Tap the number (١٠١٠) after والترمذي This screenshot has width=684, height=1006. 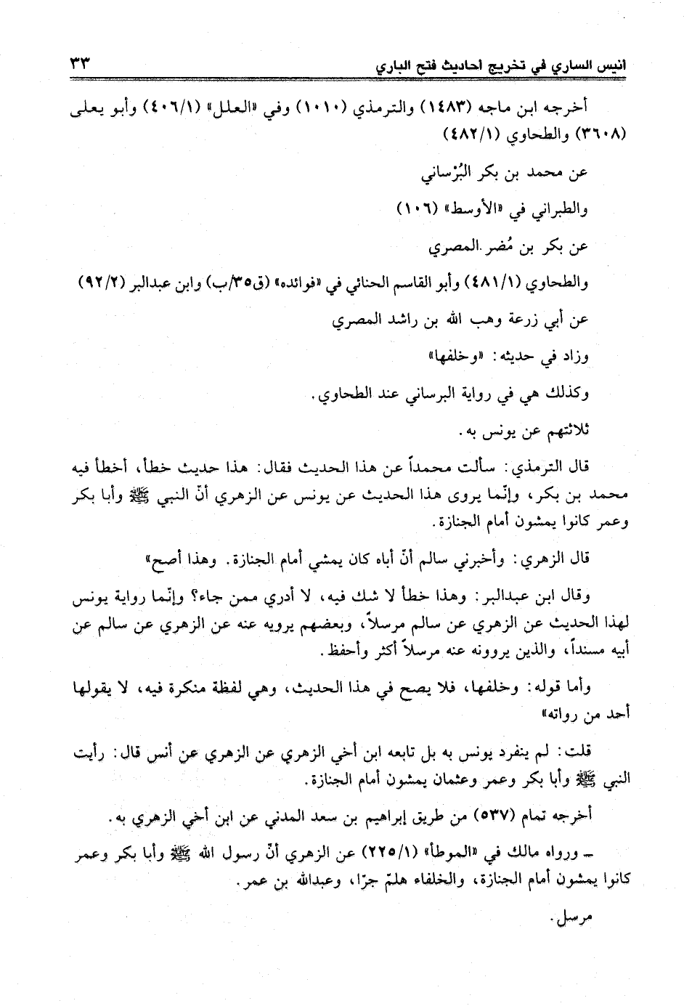tap(325, 111)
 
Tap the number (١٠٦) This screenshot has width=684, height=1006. tap(419, 210)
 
